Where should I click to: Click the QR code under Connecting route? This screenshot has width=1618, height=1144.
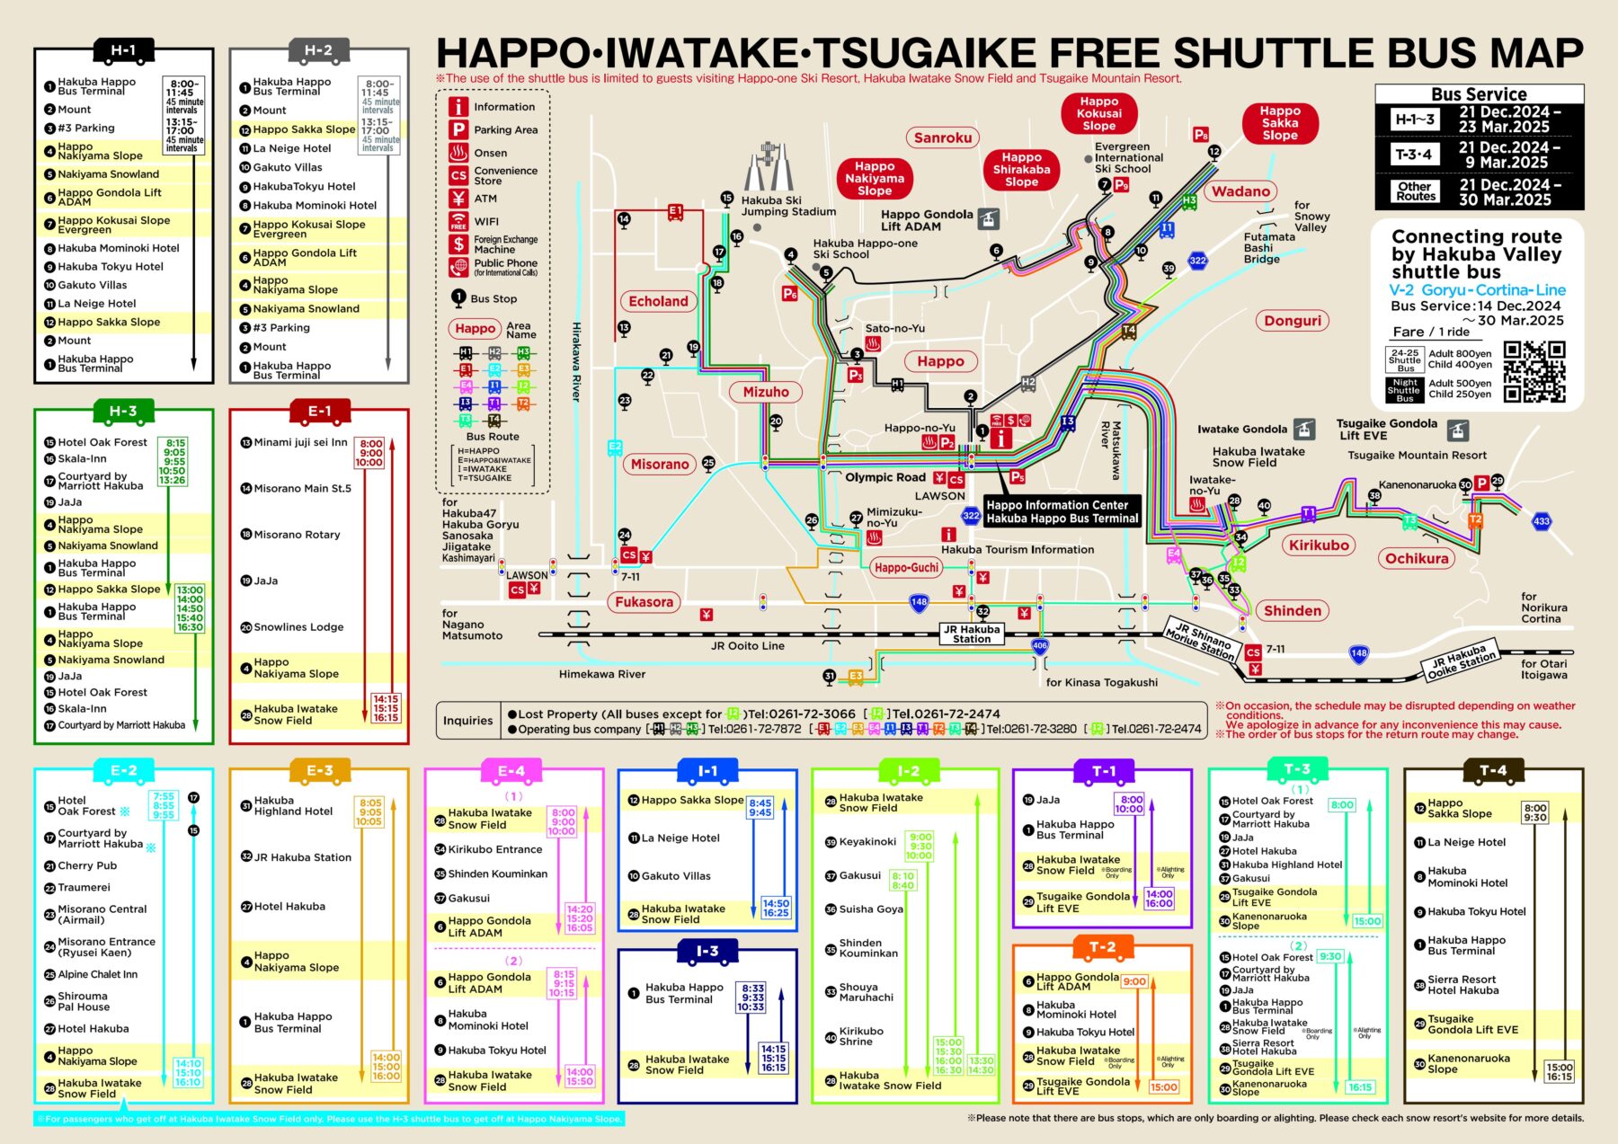(1534, 371)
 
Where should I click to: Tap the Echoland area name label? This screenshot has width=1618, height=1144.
(658, 302)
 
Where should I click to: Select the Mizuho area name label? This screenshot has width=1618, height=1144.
(766, 392)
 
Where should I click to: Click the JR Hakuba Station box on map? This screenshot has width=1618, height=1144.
(972, 634)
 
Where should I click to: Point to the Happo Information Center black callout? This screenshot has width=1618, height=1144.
(1062, 511)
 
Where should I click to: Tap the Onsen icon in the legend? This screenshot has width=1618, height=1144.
(458, 153)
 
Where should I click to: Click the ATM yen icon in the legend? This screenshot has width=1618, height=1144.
(458, 199)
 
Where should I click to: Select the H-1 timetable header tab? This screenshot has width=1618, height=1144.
(123, 51)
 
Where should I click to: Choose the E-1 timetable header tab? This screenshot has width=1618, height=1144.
(319, 412)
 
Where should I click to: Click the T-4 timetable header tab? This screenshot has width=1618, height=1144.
(1492, 770)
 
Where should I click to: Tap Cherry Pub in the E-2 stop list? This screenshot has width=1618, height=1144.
(87, 865)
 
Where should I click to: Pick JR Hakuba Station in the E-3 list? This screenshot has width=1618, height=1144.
(302, 857)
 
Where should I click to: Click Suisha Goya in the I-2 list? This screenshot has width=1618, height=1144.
(870, 909)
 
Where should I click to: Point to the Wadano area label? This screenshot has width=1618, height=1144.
(1240, 191)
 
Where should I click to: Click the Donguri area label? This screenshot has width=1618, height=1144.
(1293, 321)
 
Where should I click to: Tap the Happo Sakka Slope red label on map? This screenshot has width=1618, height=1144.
(1279, 123)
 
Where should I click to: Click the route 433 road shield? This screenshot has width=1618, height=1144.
(1542, 521)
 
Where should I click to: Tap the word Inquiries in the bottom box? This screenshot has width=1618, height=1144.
(467, 721)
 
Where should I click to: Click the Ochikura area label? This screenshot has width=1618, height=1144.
(1417, 558)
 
